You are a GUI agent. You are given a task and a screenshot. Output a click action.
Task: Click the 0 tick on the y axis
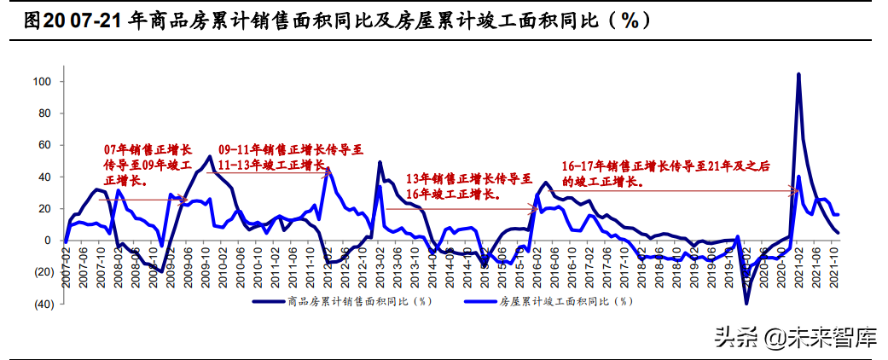coord(49,241)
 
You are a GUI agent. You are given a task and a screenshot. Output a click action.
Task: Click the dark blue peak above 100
coord(798,74)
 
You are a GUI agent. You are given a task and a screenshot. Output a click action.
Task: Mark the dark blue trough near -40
coord(746,303)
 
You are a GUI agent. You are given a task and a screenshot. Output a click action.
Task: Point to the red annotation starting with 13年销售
coord(467,186)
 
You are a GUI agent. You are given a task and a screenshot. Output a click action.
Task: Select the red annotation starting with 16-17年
coord(665,173)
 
